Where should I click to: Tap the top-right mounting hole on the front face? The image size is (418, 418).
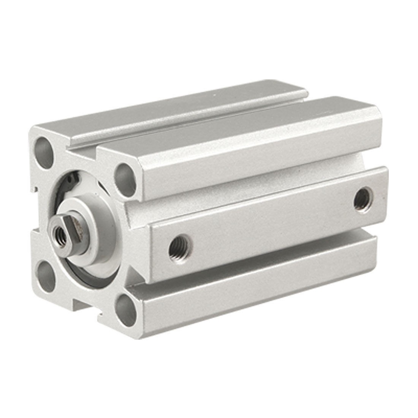pos(125,174)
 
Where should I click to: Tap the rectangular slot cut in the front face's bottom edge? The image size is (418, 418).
pos(85,304)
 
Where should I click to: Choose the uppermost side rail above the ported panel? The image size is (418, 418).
pos(258,144)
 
